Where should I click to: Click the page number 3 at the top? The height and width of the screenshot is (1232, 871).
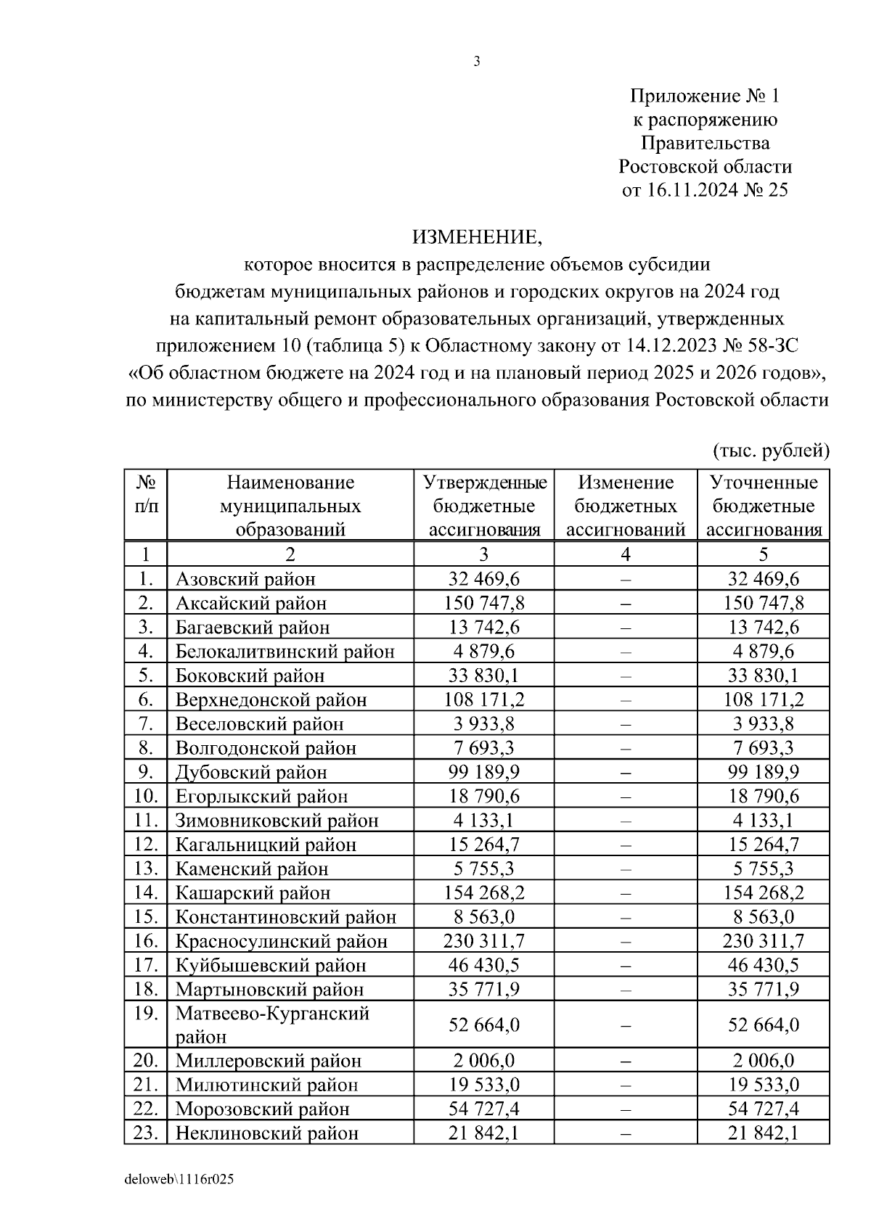coord(477,62)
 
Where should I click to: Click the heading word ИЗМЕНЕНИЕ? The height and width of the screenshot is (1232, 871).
coord(477,237)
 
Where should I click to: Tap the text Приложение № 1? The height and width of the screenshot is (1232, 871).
coord(705,96)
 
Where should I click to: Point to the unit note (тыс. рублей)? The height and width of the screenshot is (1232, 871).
coord(771,451)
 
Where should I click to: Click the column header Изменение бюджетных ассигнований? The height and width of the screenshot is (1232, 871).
coord(626,506)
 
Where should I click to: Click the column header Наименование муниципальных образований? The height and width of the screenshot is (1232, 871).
coord(290,506)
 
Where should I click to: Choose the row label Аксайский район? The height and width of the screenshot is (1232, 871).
coord(251,603)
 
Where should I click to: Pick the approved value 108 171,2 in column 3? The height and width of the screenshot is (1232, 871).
coord(483,699)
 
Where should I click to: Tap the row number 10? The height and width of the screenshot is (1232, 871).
coord(146,796)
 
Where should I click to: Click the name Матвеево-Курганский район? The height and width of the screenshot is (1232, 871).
coord(272,1024)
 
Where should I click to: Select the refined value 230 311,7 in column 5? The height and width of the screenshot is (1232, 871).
coord(763,941)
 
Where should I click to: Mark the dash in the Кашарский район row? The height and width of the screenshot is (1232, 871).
coord(626,893)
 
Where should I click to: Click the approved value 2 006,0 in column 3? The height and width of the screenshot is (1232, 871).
coord(483,1061)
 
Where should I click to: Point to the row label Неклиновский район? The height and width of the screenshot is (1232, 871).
coord(266,1133)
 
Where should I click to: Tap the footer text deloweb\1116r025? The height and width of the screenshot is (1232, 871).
coord(179,1180)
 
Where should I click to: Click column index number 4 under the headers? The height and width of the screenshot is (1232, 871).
coord(626,555)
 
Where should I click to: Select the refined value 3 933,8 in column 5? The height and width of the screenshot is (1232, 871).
coord(763,723)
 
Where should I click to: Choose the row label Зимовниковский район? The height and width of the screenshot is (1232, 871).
coord(277,821)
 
